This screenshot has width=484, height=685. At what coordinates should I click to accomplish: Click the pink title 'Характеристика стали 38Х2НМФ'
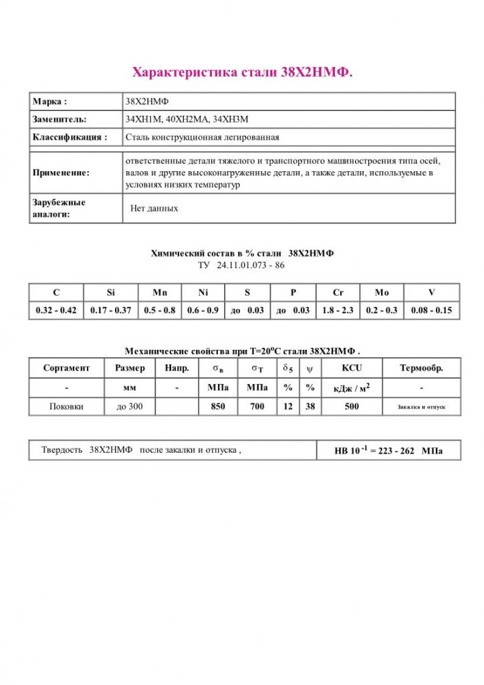pyautogui.click(x=242, y=72)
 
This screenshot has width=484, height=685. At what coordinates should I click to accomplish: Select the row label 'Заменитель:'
pyautogui.click(x=59, y=120)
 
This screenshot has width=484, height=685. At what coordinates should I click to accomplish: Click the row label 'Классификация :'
pyautogui.click(x=70, y=137)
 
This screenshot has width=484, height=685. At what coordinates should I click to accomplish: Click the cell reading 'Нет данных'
pyautogui.click(x=154, y=209)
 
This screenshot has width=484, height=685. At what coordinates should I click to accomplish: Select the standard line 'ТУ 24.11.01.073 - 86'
pyautogui.click(x=242, y=266)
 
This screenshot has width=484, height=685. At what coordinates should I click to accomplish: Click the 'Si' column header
pyautogui.click(x=110, y=292)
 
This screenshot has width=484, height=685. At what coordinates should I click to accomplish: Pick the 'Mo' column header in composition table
pyautogui.click(x=382, y=292)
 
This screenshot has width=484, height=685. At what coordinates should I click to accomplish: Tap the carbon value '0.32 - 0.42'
pyautogui.click(x=56, y=310)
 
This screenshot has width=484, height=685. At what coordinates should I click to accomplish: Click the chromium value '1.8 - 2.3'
pyautogui.click(x=338, y=310)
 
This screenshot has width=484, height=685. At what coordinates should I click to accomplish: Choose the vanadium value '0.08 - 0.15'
pyautogui.click(x=432, y=310)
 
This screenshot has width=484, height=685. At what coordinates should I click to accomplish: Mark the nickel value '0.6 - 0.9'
pyautogui.click(x=203, y=310)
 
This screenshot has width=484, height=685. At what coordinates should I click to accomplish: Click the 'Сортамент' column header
pyautogui.click(x=66, y=368)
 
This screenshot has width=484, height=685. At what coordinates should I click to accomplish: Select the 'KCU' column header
pyautogui.click(x=352, y=368)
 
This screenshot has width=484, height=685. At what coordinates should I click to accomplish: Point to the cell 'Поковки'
pyautogui.click(x=66, y=406)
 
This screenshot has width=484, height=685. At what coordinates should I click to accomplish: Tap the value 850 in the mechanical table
pyautogui.click(x=218, y=406)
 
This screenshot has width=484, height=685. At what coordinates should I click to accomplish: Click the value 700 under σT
pyautogui.click(x=257, y=406)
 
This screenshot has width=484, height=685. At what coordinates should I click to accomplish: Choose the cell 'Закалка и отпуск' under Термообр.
pyautogui.click(x=421, y=407)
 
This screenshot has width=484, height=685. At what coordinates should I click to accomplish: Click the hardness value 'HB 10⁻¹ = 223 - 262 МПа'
pyautogui.click(x=388, y=451)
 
